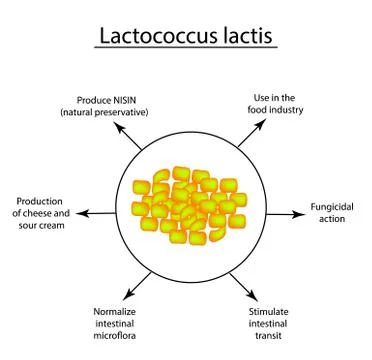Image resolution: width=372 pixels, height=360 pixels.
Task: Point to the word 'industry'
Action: pos(274,109)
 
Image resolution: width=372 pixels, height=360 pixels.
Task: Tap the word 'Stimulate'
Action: pos(272,312)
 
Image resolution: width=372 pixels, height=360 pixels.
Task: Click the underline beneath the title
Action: pos(187,47)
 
